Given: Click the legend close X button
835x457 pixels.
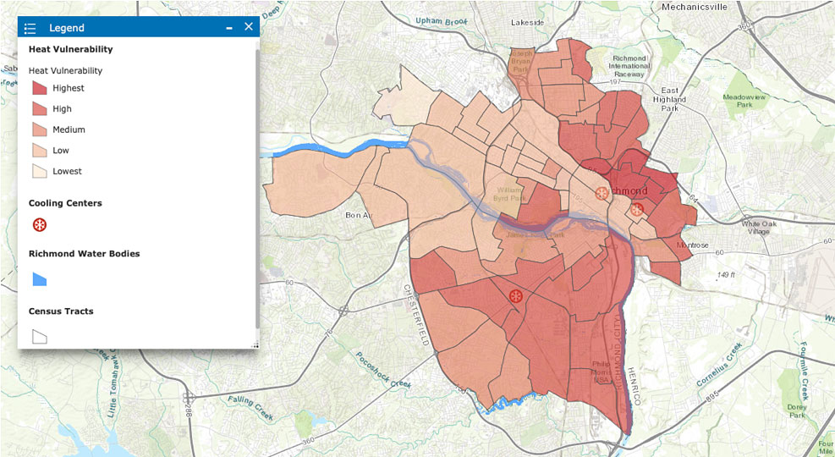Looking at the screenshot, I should click(249, 27).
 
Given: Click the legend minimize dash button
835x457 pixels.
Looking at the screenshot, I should click(229, 28).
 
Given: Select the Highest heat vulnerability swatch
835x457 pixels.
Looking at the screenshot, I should click(40, 88).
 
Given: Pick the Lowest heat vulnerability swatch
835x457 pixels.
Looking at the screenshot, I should click(40, 171).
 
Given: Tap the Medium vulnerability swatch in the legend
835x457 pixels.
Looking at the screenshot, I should click(40, 129).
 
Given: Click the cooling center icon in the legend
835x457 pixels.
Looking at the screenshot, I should click(40, 225).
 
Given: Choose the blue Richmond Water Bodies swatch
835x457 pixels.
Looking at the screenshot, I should click(40, 278).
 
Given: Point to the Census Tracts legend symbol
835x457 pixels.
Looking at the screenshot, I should click(40, 336).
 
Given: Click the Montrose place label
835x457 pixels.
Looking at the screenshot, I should click(693, 245).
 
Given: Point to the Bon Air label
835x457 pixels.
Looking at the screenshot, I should click(359, 215).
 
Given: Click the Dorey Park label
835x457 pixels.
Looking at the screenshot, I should click(795, 410).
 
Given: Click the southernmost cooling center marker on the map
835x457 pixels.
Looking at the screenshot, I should click(515, 296).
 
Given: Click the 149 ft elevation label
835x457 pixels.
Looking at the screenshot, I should click(728, 275).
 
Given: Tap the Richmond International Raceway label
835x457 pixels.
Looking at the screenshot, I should click(629, 66).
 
